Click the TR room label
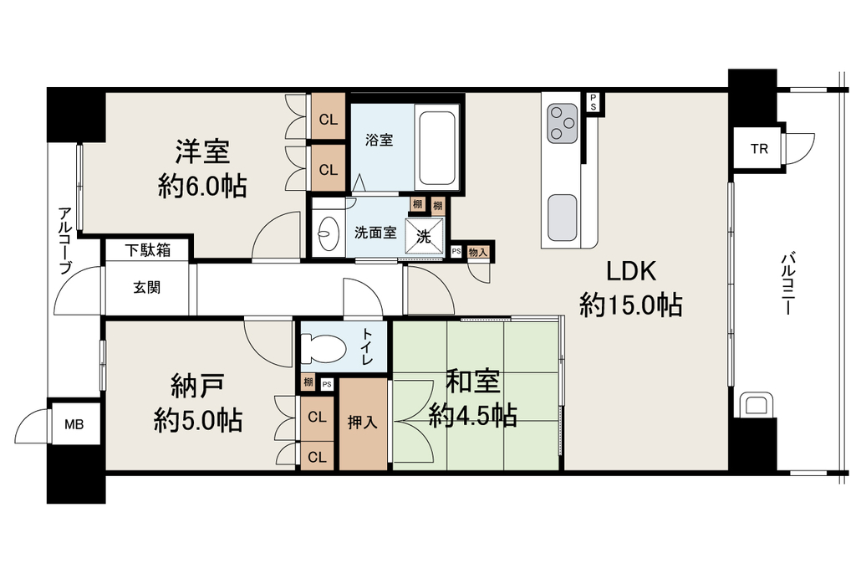(x=759, y=149)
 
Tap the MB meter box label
(x=74, y=424)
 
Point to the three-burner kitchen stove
(x=563, y=123)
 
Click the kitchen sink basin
(x=563, y=217)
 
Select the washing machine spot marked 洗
(x=424, y=237)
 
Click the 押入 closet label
(x=363, y=423)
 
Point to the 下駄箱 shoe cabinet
(x=147, y=250)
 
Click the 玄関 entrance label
(x=147, y=288)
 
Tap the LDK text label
(x=631, y=271)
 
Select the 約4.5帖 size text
(x=473, y=417)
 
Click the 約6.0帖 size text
(x=202, y=187)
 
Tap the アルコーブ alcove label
(x=65, y=240)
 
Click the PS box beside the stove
(x=593, y=102)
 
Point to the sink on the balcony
(x=755, y=405)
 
